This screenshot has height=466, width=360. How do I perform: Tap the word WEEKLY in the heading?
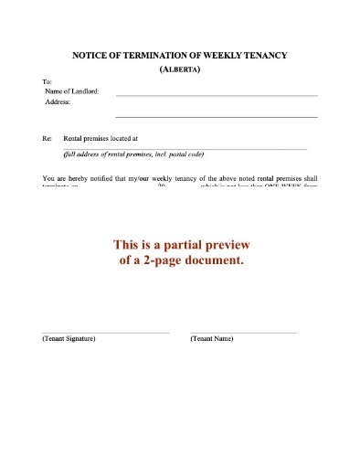tap(218, 56)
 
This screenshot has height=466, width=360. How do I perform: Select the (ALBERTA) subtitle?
tap(180, 69)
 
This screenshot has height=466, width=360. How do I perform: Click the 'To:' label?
tap(48, 82)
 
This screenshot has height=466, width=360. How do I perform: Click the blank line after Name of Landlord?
tap(216, 95)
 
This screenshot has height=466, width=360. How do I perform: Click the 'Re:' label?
tap(47, 139)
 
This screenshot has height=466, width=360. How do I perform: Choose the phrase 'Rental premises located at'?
tap(100, 139)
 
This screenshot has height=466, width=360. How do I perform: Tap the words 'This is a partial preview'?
tap(180, 245)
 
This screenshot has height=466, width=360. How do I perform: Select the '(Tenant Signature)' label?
tap(69, 339)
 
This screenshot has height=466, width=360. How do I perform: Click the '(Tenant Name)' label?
tap(212, 339)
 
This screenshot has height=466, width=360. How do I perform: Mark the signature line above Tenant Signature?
tap(105, 333)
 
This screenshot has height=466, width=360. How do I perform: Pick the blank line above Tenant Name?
tap(243, 333)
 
